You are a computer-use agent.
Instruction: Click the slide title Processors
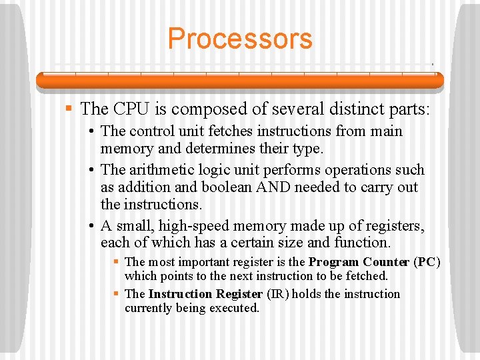coord(239,39)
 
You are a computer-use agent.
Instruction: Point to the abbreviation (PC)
coord(427,262)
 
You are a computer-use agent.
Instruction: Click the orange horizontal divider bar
coord(239,80)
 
